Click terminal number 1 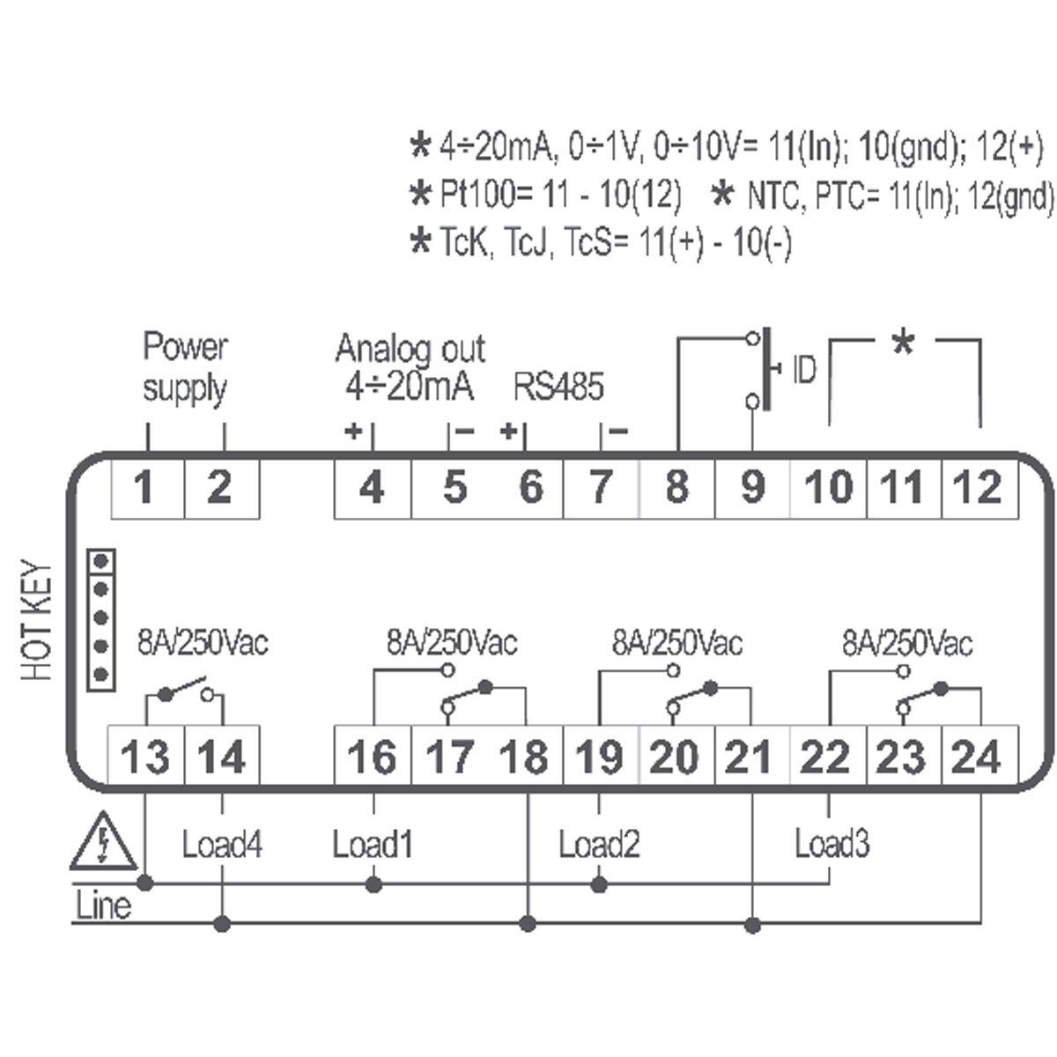point(144,487)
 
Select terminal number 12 point(978,487)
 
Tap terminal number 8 point(676,487)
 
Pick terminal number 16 point(372,757)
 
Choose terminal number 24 point(976,757)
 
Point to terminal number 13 point(144,757)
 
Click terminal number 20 point(675,757)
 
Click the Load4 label point(222,844)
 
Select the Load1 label point(373,844)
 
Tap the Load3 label point(832,844)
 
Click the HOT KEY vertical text point(36,620)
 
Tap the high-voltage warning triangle point(103,842)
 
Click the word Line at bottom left point(103,905)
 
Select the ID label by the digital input point(805,370)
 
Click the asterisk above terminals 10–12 point(904,344)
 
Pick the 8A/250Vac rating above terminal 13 point(203,642)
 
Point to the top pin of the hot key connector point(101,561)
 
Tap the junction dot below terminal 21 point(752,926)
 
